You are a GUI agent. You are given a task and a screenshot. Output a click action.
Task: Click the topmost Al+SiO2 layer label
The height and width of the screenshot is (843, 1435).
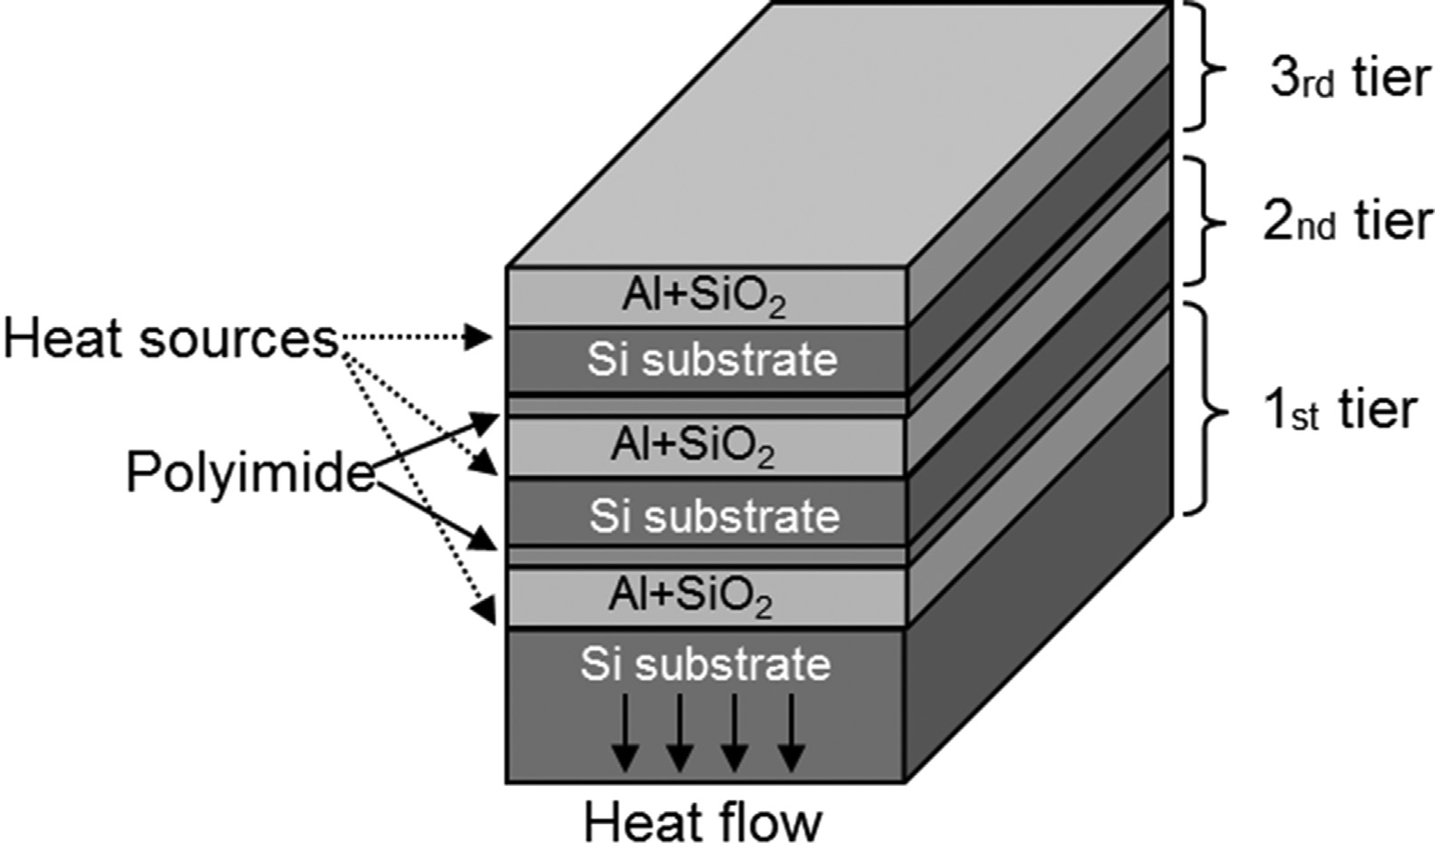point(703,296)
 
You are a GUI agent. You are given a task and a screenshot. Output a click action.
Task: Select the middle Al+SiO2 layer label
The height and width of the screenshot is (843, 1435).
point(693,445)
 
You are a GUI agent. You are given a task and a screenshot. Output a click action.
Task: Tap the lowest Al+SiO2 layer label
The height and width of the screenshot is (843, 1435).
point(691,596)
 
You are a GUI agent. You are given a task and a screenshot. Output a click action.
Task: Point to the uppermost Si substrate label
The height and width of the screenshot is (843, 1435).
point(712,360)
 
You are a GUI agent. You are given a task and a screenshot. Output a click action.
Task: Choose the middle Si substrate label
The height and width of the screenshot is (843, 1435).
point(714,517)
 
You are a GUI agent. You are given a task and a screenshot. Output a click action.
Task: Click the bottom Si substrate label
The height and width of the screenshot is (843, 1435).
point(705,664)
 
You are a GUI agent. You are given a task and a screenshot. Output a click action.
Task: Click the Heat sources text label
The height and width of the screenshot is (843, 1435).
point(170,340)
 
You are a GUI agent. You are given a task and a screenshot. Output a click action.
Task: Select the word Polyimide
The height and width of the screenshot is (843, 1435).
point(249,472)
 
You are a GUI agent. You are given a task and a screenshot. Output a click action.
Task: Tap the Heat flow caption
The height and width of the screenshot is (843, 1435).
point(703,822)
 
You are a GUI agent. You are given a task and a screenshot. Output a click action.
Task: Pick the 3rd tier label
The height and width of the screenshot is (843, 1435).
point(1349,78)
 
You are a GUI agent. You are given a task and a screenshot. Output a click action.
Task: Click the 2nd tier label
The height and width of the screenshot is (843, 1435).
point(1347,221)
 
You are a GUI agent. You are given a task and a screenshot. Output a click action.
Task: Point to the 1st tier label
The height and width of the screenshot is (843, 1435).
point(1339,410)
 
